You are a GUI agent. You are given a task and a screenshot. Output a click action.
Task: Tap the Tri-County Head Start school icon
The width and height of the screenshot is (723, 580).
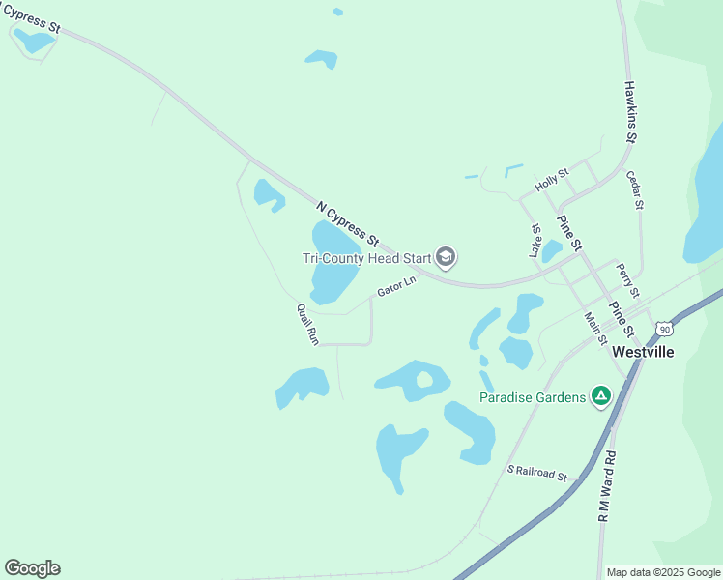click(446, 257)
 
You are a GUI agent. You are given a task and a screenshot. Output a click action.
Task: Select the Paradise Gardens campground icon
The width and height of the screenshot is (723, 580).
click(601, 396)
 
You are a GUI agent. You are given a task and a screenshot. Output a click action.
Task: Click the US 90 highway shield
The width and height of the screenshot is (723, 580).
click(663, 329)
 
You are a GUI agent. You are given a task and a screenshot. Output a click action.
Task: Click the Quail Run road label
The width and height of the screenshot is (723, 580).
click(307, 324)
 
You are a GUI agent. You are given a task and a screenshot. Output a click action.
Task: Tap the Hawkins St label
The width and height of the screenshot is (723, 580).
click(630, 112)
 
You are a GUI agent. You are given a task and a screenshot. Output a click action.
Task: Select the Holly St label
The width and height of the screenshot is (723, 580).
click(553, 180)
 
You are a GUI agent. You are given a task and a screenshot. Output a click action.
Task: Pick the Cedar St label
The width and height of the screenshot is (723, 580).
click(634, 190)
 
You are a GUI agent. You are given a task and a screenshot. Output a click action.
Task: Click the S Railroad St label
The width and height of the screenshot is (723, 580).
click(536, 473)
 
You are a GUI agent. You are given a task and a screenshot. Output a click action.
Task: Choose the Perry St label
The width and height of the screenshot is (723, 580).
click(628, 279)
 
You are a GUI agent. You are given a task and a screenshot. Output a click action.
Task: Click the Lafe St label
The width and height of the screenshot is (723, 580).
click(535, 241)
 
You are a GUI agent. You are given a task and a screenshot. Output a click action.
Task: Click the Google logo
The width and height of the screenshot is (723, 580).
click(32, 568)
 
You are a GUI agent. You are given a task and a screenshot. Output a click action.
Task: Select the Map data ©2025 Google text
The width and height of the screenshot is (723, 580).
click(663, 572)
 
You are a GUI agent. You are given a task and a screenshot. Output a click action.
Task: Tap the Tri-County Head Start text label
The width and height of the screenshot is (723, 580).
click(366, 257)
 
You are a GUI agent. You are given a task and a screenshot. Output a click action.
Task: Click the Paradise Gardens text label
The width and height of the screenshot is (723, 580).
click(533, 397)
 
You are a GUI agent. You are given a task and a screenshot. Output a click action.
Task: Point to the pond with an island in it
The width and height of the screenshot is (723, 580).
click(414, 379)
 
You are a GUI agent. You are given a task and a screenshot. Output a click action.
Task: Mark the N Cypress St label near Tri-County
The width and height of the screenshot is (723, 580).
click(347, 222)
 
